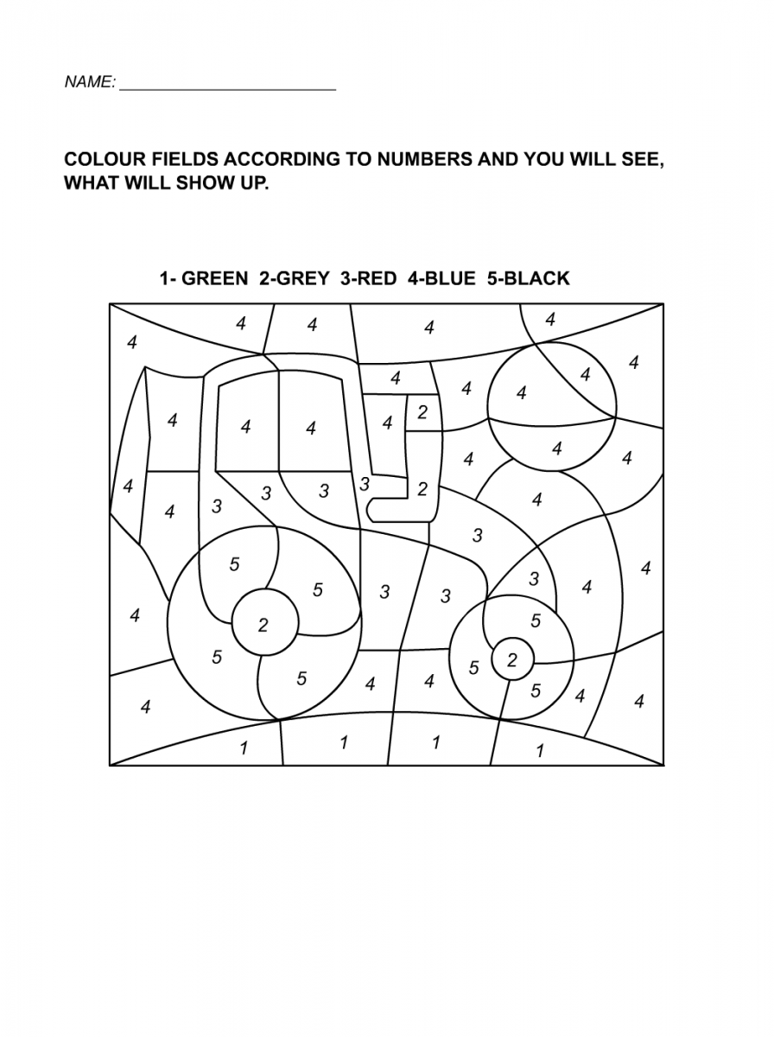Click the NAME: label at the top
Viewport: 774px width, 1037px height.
pyautogui.click(x=90, y=83)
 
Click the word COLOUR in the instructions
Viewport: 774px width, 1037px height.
pyautogui.click(x=100, y=161)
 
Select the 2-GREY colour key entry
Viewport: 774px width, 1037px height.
pyautogui.click(x=294, y=278)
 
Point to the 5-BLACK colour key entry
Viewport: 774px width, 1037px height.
pyautogui.click(x=529, y=278)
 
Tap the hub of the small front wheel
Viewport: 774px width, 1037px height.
pyautogui.click(x=512, y=661)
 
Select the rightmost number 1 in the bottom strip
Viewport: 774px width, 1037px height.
pyautogui.click(x=541, y=750)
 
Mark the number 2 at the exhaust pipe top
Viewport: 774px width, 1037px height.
pyautogui.click(x=422, y=413)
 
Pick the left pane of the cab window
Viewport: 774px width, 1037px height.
pyautogui.click(x=246, y=426)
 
